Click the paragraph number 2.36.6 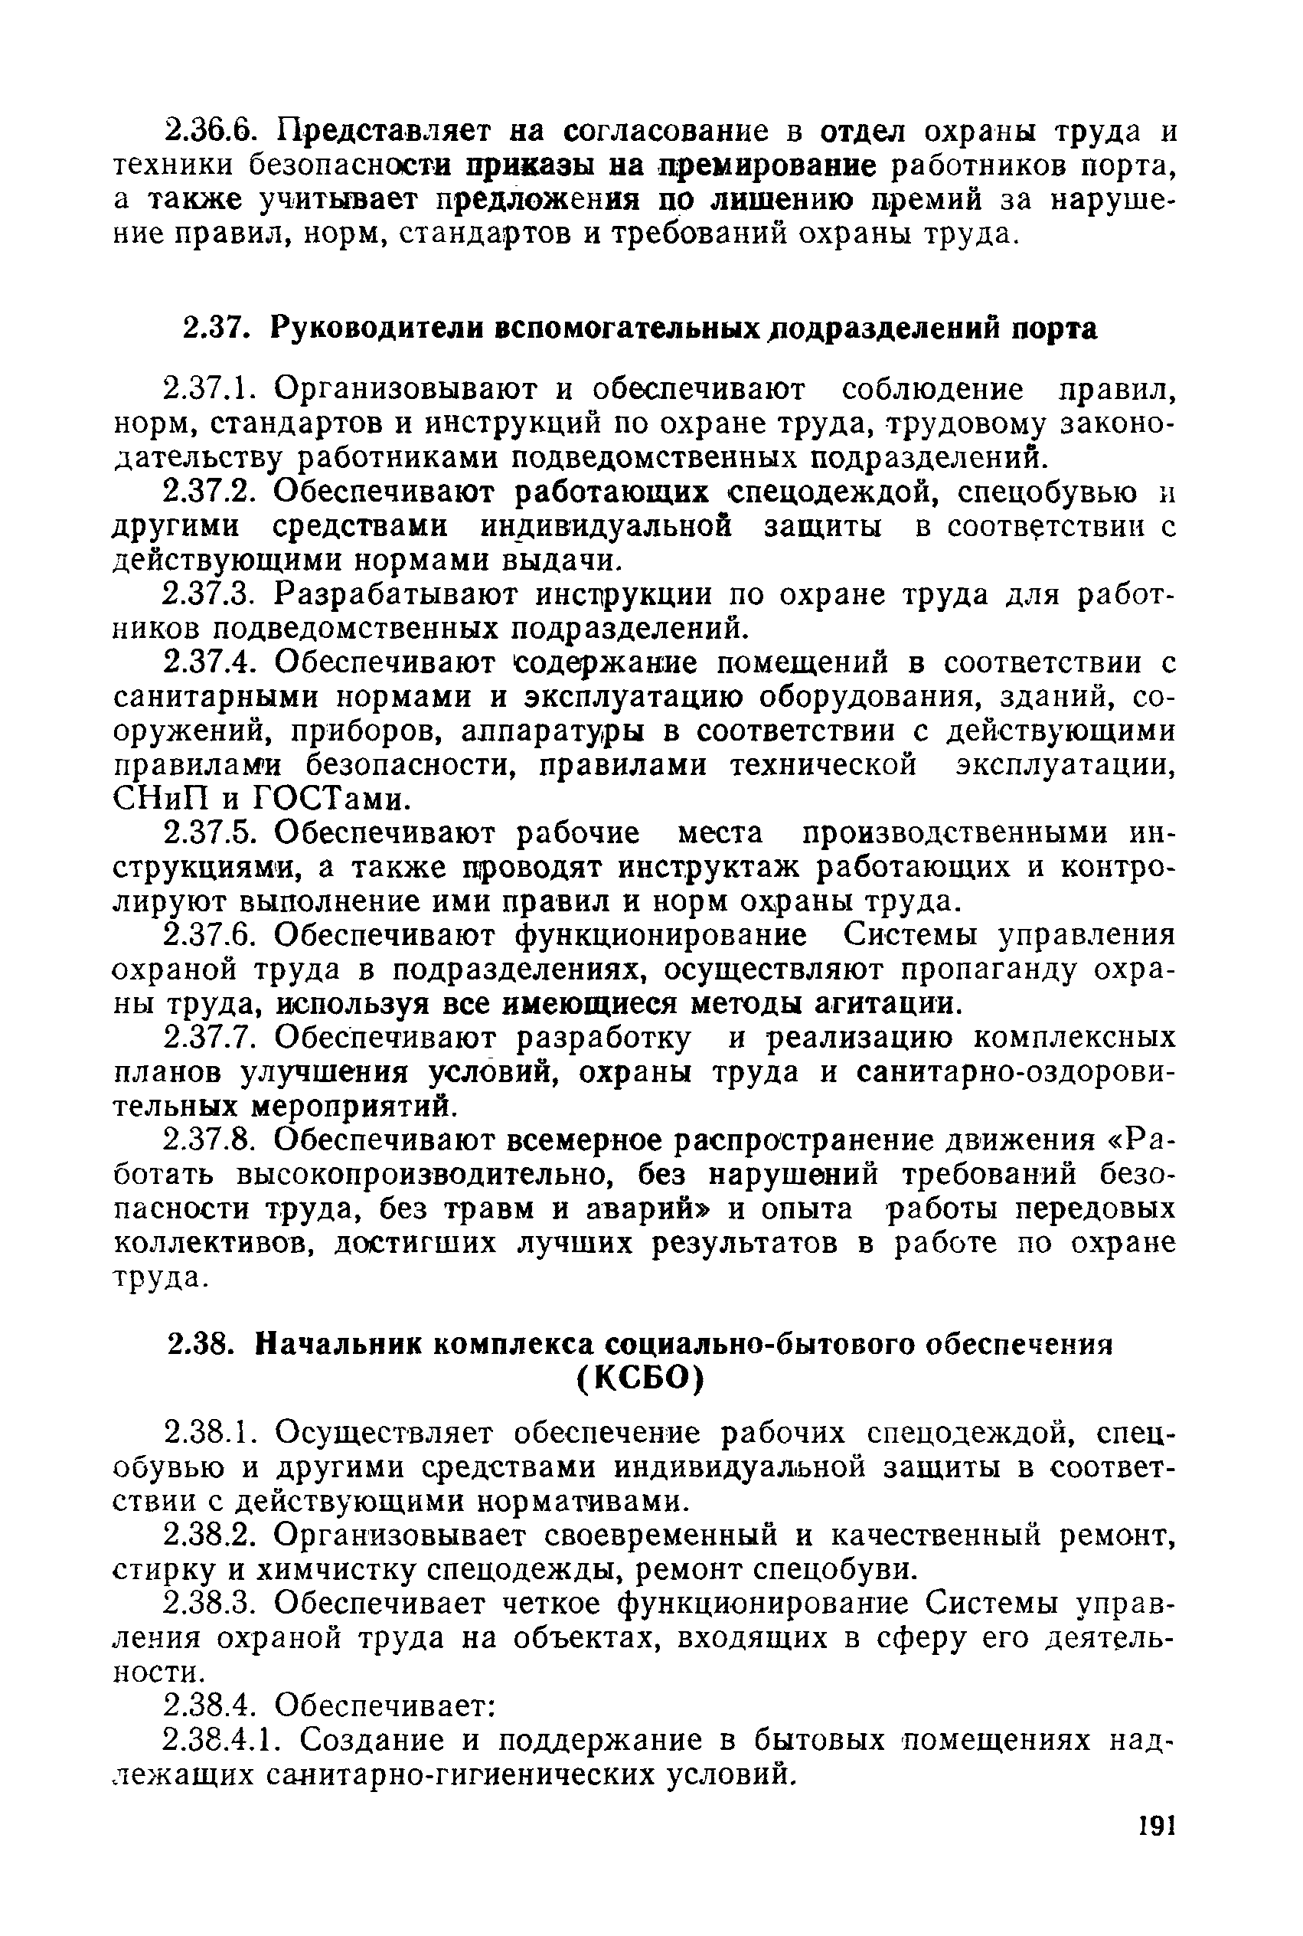pos(211,133)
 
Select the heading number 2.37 pos(216,329)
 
